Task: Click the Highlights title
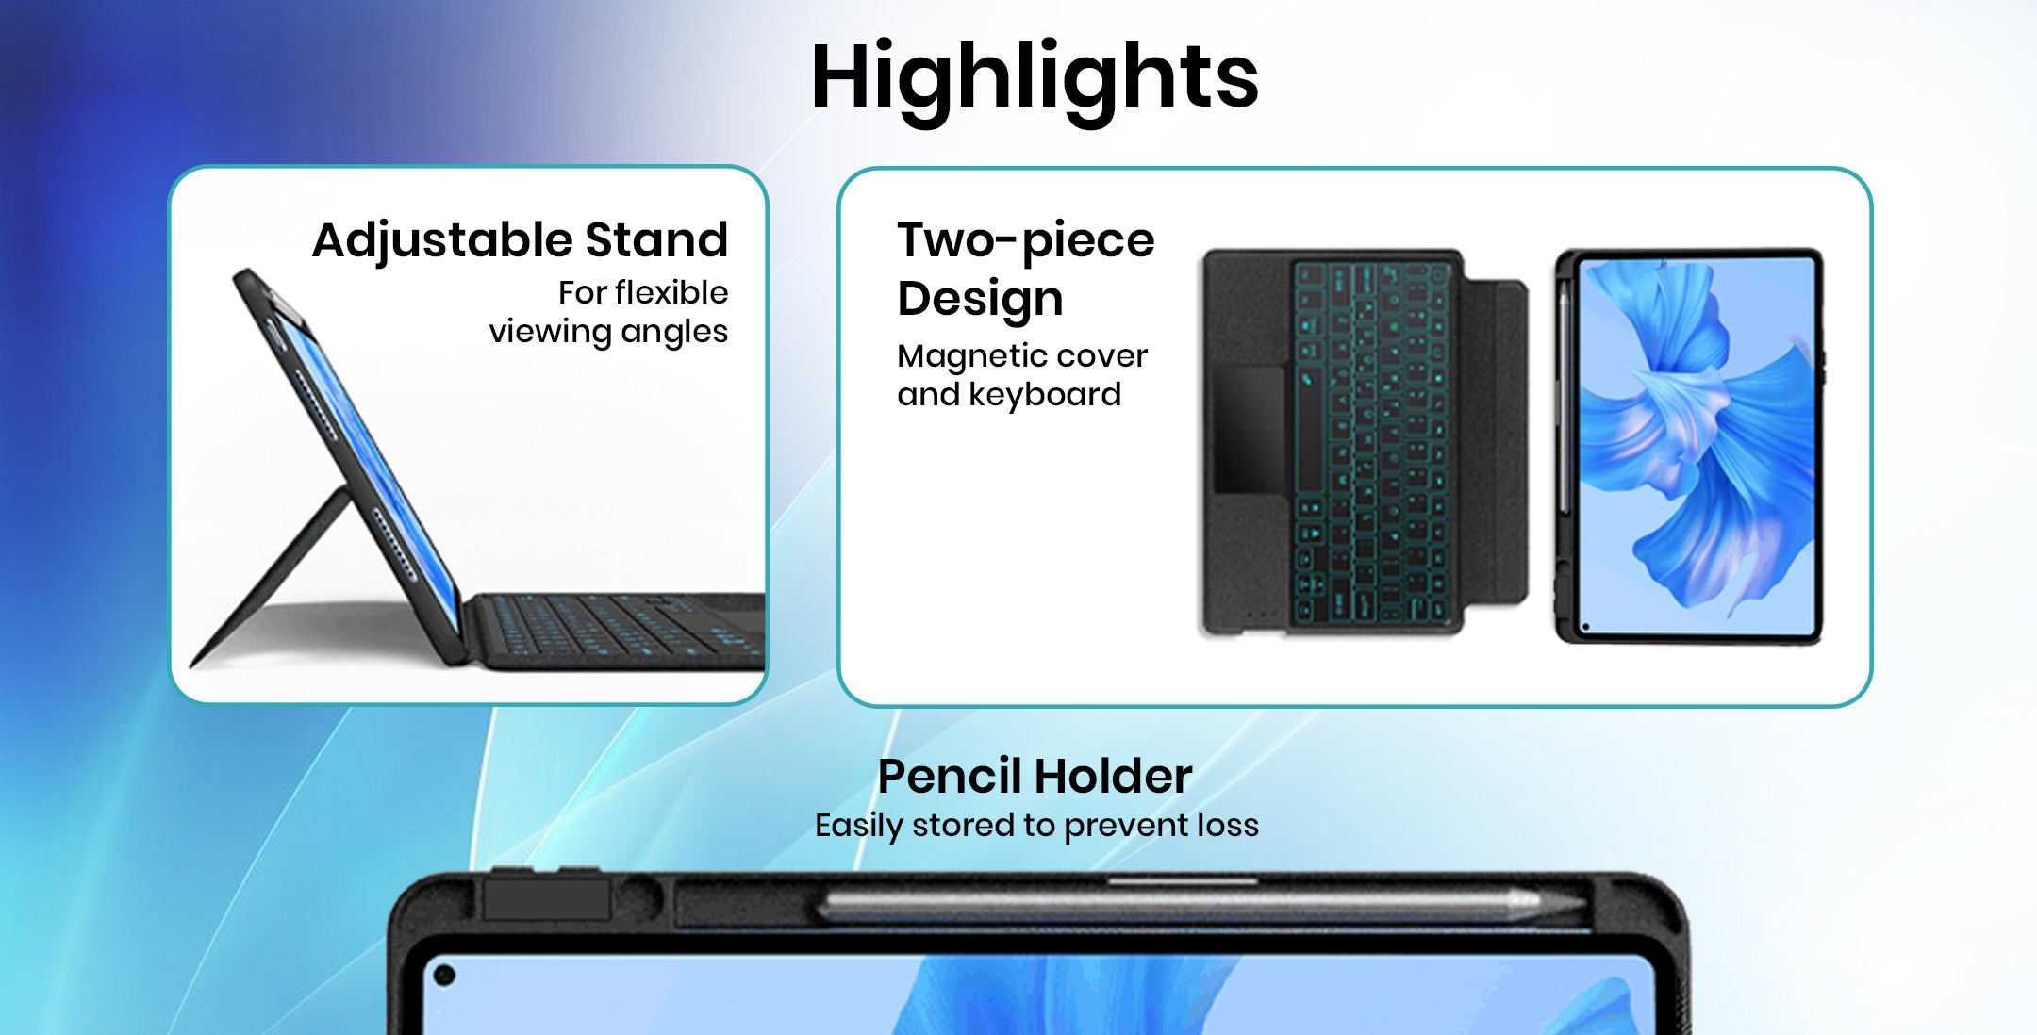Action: coord(1035,77)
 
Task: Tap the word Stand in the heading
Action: coord(656,239)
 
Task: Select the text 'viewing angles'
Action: coord(608,332)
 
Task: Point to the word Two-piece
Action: coord(1026,241)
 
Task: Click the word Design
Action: coord(980,299)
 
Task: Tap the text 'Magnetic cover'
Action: coord(1022,355)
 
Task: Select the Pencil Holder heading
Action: coord(1035,777)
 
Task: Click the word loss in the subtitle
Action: coord(1227,825)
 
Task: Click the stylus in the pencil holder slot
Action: coord(1202,905)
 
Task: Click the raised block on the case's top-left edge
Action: coord(547,899)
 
